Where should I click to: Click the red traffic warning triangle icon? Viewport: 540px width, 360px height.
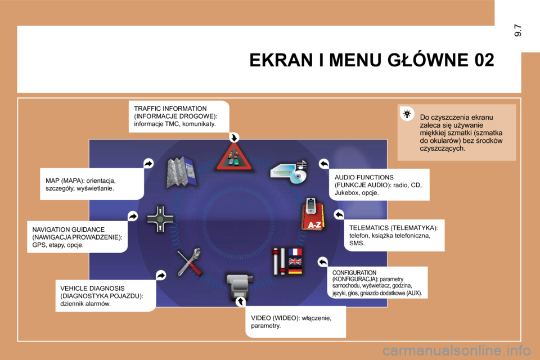pos(234,157)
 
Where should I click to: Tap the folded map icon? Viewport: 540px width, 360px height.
pos(181,172)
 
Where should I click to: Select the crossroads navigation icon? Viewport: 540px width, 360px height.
pos(160,219)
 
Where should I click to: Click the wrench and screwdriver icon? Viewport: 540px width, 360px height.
pos(190,262)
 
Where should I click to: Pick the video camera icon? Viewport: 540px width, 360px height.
pos(240,286)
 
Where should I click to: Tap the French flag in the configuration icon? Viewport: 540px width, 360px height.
pos(295,252)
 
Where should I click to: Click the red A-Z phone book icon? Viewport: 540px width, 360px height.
pos(312,215)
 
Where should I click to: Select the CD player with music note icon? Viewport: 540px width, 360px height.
pos(289,172)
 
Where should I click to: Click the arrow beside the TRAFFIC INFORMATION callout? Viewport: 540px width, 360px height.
pos(234,137)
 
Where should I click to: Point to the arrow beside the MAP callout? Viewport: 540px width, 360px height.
pos(148,163)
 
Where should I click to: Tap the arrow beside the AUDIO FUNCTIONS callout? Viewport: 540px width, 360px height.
pos(324,164)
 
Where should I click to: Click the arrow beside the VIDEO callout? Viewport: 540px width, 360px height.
pos(240,301)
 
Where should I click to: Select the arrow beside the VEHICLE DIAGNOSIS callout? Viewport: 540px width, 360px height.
pos(161,275)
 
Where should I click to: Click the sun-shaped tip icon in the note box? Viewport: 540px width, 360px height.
pos(407,113)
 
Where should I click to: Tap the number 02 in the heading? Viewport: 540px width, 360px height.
pos(484,60)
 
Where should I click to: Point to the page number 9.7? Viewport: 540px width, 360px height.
pos(517,30)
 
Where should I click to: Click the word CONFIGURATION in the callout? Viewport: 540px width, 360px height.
pos(354,272)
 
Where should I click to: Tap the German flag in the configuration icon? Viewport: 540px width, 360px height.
pos(295,271)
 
